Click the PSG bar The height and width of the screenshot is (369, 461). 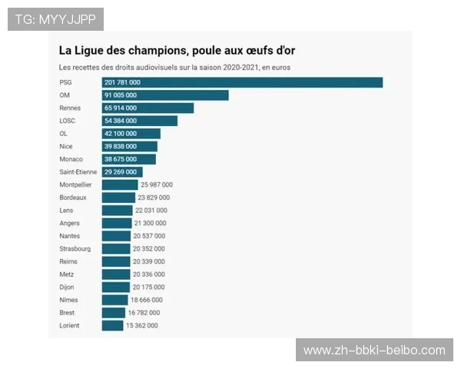point(242,82)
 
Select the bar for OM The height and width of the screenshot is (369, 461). point(165,95)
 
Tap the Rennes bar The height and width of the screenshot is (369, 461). point(148,108)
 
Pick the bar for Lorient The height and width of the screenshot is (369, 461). point(112,326)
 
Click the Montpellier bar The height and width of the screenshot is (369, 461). point(120,184)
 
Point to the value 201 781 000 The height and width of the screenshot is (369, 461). point(122,82)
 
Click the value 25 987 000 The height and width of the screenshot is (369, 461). point(158,184)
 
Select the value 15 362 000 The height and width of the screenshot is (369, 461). point(142,326)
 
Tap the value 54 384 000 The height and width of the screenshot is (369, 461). point(121,121)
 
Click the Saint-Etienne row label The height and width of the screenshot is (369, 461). point(78,172)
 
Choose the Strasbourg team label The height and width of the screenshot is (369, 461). point(75,249)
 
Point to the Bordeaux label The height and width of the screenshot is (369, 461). point(73,198)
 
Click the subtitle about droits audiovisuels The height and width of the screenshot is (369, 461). point(174,68)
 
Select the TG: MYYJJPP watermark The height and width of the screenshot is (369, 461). point(55,19)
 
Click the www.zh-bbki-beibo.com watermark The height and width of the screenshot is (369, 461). point(374,351)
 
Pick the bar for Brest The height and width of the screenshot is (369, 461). point(114,313)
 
